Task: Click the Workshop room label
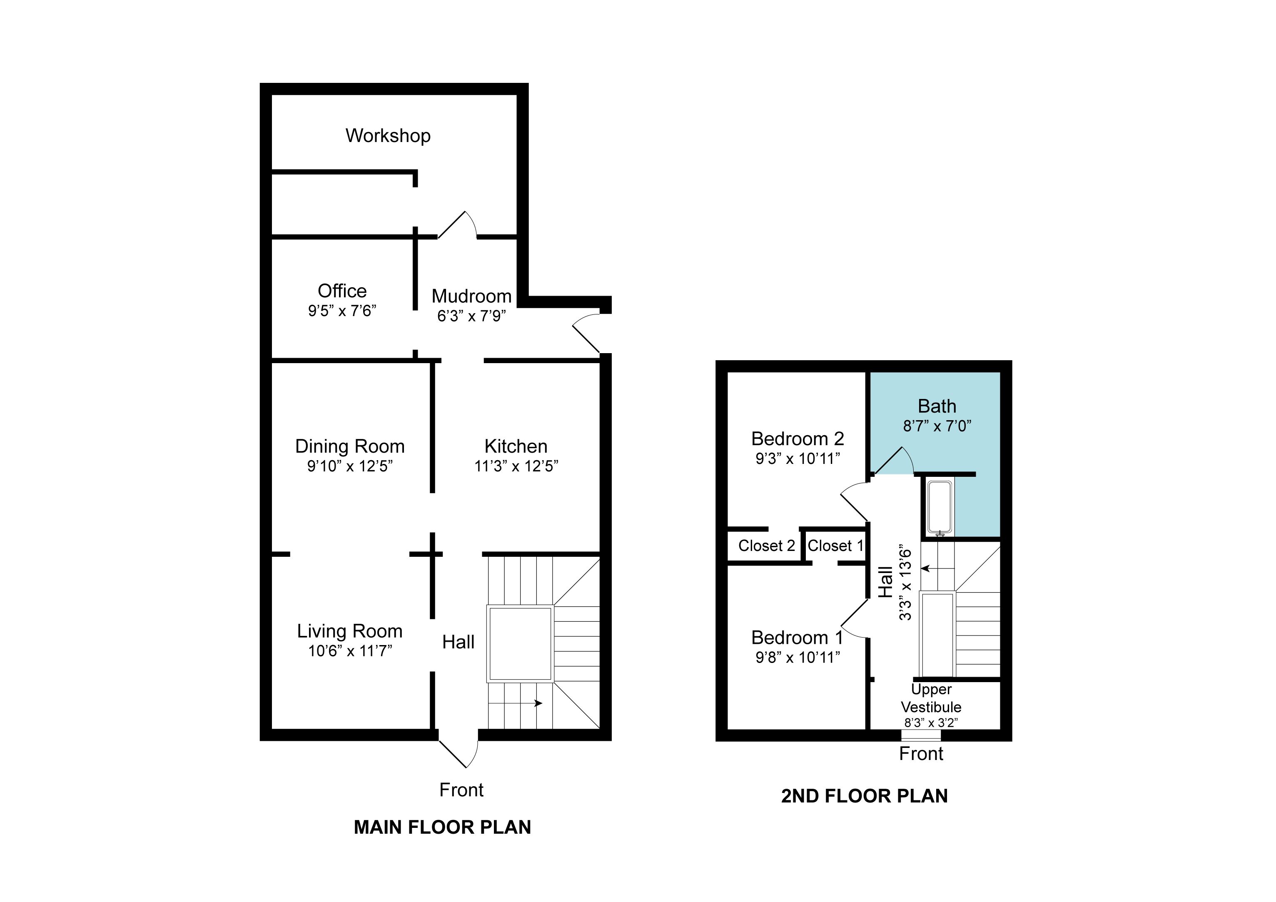[x=388, y=136]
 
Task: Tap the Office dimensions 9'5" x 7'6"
[x=342, y=311]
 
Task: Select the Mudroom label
[x=471, y=296]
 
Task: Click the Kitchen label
[x=516, y=446]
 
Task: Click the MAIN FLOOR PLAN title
[x=442, y=827]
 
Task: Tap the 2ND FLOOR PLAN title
[x=864, y=796]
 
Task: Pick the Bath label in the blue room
[x=937, y=406]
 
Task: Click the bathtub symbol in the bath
[x=940, y=507]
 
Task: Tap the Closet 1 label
[x=835, y=546]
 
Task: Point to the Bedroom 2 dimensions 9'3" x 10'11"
[x=797, y=458]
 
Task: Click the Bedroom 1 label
[x=797, y=638]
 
